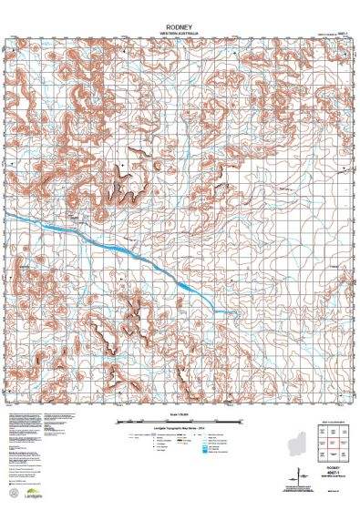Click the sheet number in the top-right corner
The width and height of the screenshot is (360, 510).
340,34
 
